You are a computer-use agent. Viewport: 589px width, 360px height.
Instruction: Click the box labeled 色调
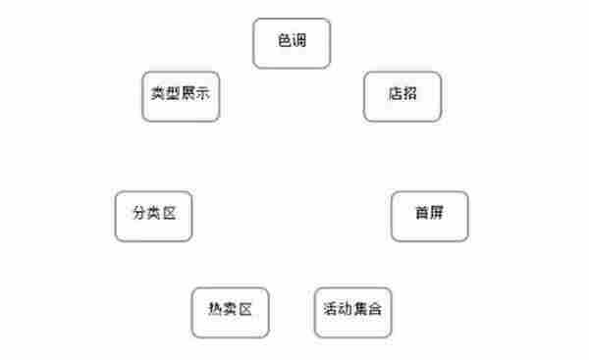[x=292, y=44]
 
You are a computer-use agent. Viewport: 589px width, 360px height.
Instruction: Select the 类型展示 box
[x=180, y=95]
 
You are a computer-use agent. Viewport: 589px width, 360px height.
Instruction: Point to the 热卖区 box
[x=231, y=312]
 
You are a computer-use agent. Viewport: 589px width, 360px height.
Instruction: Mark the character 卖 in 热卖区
[x=231, y=312]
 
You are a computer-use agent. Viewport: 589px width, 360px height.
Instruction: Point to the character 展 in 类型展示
[x=187, y=95]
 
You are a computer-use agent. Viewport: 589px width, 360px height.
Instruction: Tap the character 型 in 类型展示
[x=172, y=95]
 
